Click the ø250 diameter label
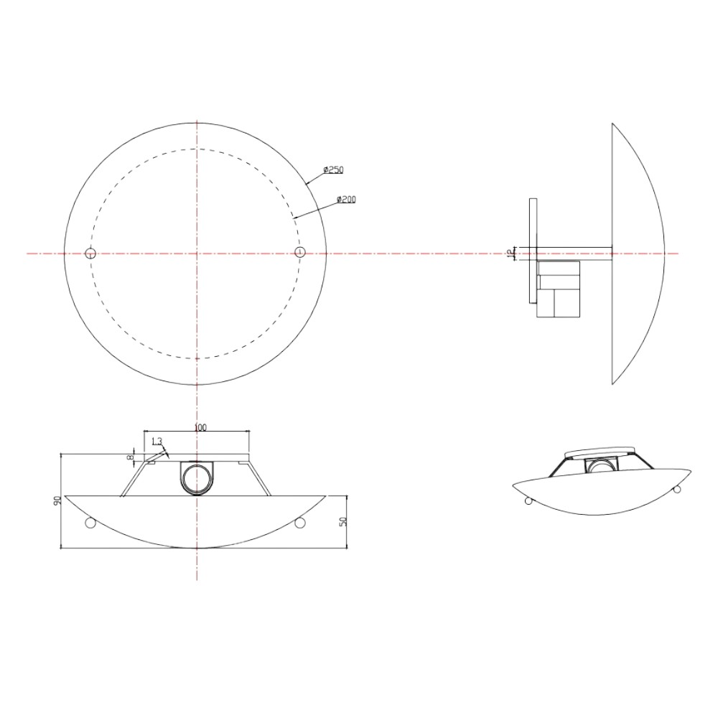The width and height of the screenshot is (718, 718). pyautogui.click(x=333, y=170)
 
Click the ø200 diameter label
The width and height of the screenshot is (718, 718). pyautogui.click(x=346, y=199)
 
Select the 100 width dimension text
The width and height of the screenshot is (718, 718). pyautogui.click(x=200, y=428)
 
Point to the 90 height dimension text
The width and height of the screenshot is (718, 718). pyautogui.click(x=57, y=500)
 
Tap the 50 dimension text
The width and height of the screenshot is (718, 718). pyautogui.click(x=343, y=521)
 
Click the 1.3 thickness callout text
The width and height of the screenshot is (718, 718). pyautogui.click(x=157, y=442)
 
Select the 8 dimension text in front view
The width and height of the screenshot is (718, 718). pyautogui.click(x=131, y=457)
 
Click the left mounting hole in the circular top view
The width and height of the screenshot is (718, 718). pyautogui.click(x=90, y=252)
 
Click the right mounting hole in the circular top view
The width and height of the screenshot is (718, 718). pyautogui.click(x=299, y=251)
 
